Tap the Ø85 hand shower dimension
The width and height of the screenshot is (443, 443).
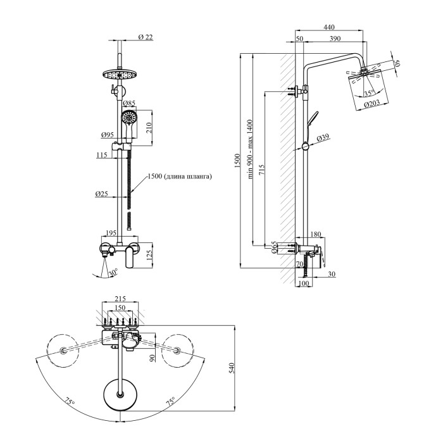click(129, 103)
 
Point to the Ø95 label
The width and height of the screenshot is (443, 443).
click(107, 135)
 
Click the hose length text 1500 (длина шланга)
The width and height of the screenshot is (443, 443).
click(179, 177)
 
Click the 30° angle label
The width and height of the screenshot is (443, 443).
click(114, 273)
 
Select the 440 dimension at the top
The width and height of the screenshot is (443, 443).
click(328, 27)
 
